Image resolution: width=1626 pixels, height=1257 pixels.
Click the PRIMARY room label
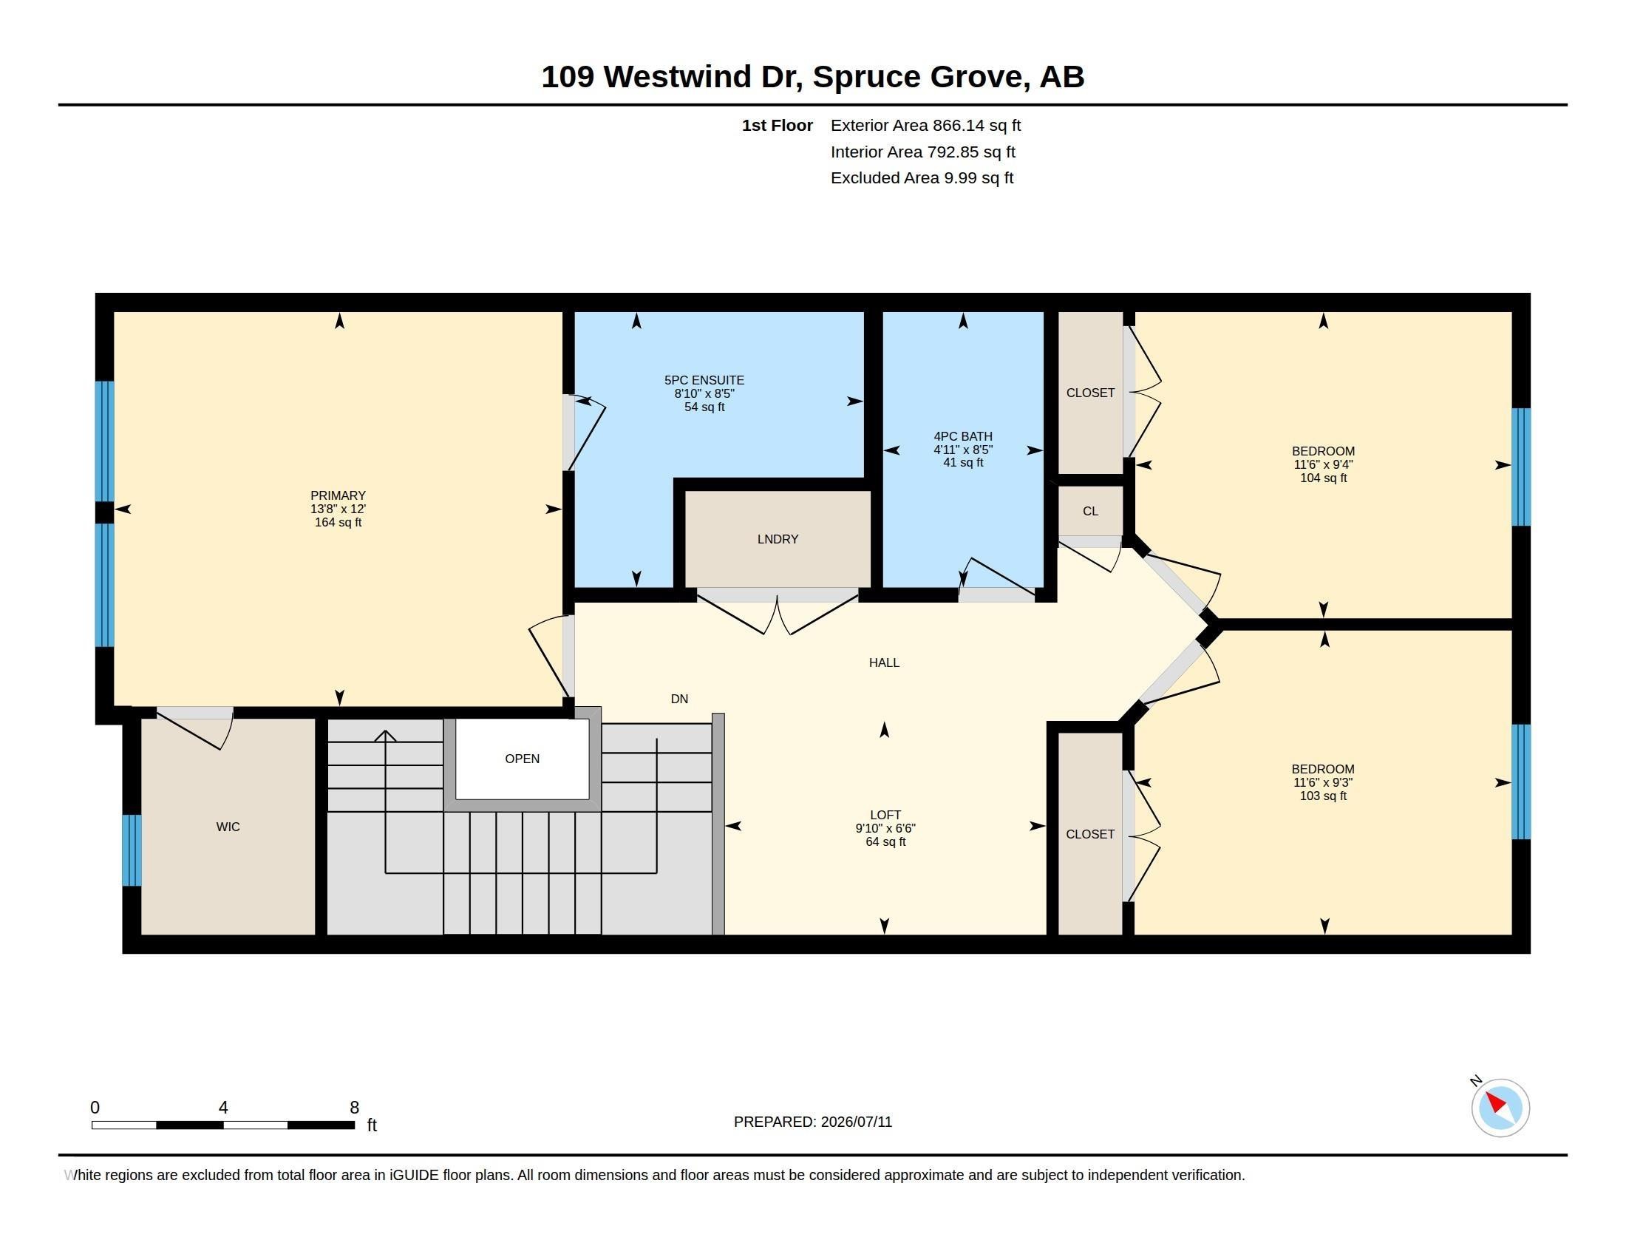338,495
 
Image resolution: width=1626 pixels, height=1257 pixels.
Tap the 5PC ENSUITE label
704,380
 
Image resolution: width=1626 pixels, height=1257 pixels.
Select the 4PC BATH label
962,436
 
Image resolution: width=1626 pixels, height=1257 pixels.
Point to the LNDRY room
778,539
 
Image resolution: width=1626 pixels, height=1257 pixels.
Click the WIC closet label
228,827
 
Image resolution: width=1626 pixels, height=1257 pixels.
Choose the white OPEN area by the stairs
522,759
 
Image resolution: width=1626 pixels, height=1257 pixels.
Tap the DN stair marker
679,699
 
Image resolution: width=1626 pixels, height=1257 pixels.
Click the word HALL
884,662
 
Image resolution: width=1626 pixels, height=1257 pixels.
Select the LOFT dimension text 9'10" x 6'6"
885,828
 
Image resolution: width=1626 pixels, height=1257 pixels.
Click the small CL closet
1090,511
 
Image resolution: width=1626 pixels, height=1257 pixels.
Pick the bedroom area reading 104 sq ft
1323,478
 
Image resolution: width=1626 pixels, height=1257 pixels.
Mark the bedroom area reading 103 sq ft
1323,796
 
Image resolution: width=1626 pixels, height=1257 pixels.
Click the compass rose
1500,1108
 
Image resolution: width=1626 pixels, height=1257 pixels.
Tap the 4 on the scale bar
222,1108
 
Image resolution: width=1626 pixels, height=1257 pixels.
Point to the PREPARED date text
812,1122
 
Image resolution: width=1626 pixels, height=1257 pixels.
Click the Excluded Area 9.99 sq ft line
922,178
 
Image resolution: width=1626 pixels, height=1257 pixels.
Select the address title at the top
812,77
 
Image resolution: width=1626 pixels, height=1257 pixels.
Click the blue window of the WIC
132,850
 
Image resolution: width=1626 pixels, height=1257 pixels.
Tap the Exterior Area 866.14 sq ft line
925,126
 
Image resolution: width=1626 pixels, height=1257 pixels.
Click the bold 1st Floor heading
777,126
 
